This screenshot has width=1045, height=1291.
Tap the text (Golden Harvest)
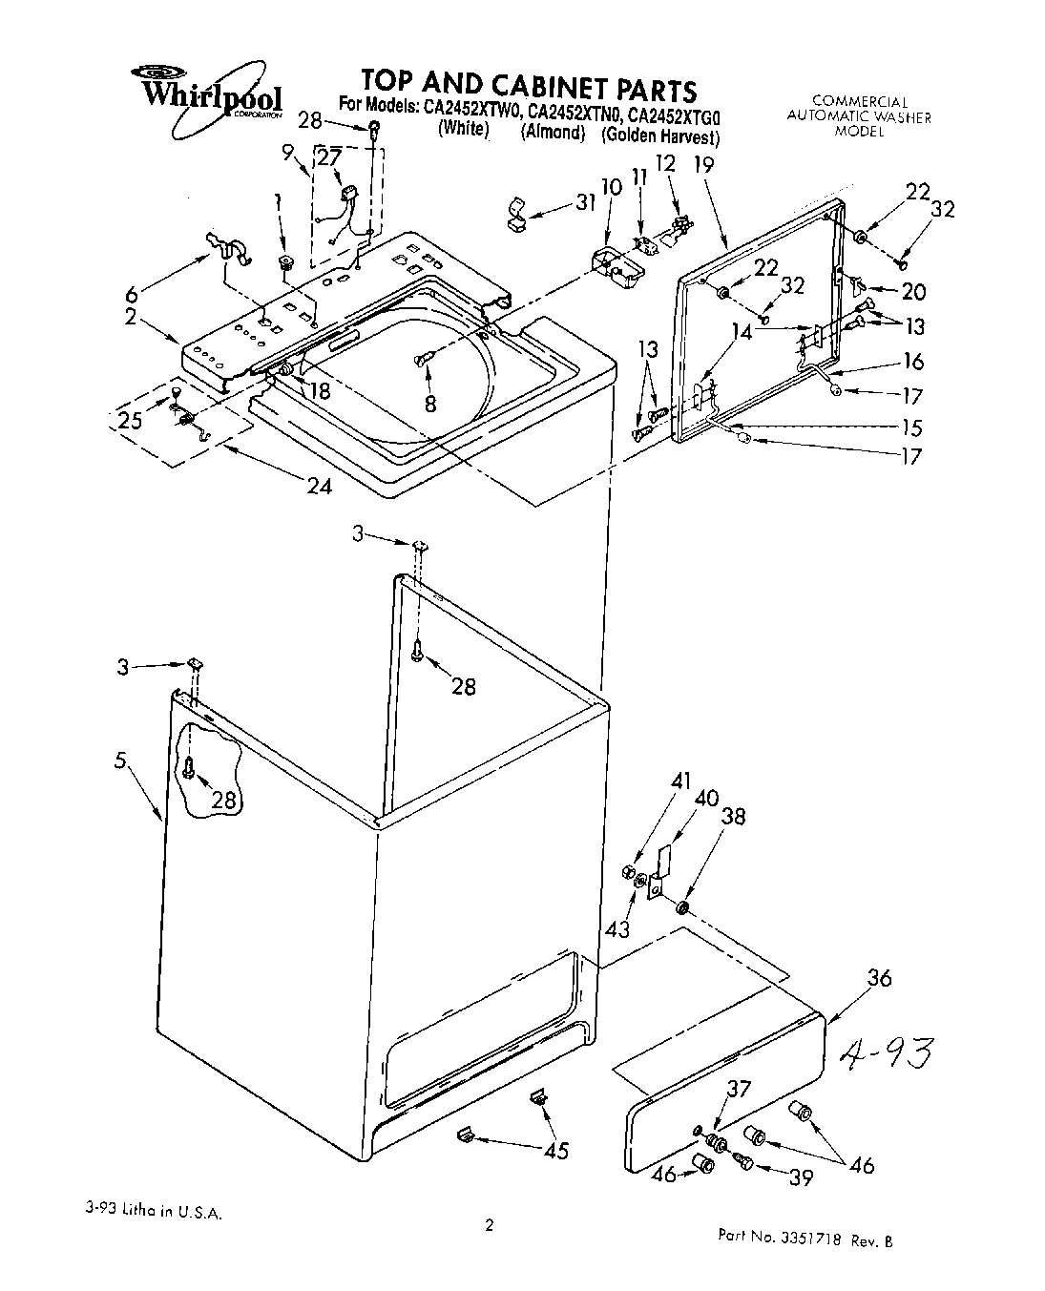(x=659, y=136)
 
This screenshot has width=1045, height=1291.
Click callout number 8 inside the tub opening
(x=430, y=404)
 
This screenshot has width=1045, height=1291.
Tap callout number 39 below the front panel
(x=801, y=1178)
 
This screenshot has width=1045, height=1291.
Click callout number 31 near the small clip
(x=585, y=202)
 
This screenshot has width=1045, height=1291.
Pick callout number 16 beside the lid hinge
(x=913, y=361)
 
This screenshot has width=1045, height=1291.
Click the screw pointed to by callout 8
(x=424, y=359)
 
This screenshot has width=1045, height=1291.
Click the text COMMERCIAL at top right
(x=859, y=100)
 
